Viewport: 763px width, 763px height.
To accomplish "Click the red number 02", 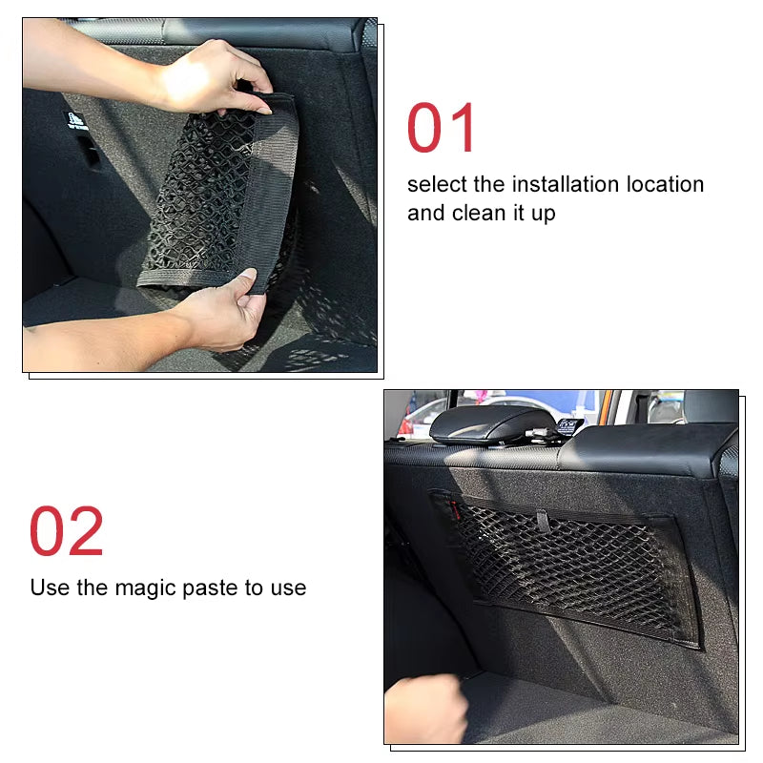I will pyautogui.click(x=67, y=531).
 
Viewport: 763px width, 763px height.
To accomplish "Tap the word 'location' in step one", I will pyautogui.click(x=664, y=184).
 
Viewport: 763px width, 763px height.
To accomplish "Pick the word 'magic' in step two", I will pyautogui.click(x=152, y=588).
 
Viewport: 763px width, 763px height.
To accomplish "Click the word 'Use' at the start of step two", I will pyautogui.click(x=50, y=588).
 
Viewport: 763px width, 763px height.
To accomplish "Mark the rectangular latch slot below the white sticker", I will pyautogui.click(x=88, y=153).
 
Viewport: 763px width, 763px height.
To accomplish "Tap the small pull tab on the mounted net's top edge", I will pyautogui.click(x=542, y=521).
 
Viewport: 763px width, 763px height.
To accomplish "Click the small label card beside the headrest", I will pyautogui.click(x=570, y=425).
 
